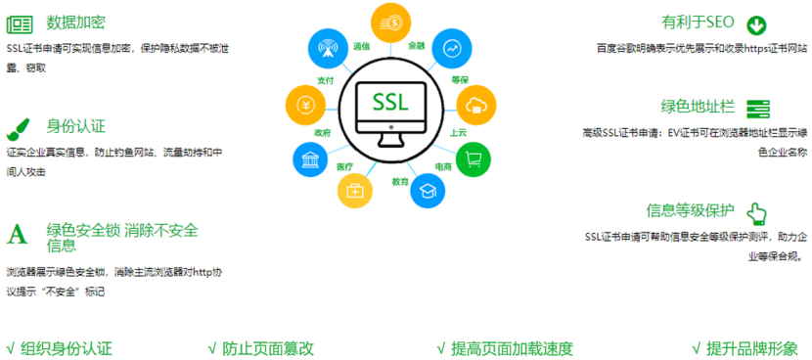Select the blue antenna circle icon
tap(327, 47)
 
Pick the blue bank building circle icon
tap(312, 159)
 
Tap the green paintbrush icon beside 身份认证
tap(18, 126)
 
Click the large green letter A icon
tap(17, 234)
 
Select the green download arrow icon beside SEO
tap(756, 24)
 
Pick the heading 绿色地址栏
tap(698, 107)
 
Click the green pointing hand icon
tap(756, 212)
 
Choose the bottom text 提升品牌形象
tap(751, 348)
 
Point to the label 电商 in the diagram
tap(443, 166)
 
